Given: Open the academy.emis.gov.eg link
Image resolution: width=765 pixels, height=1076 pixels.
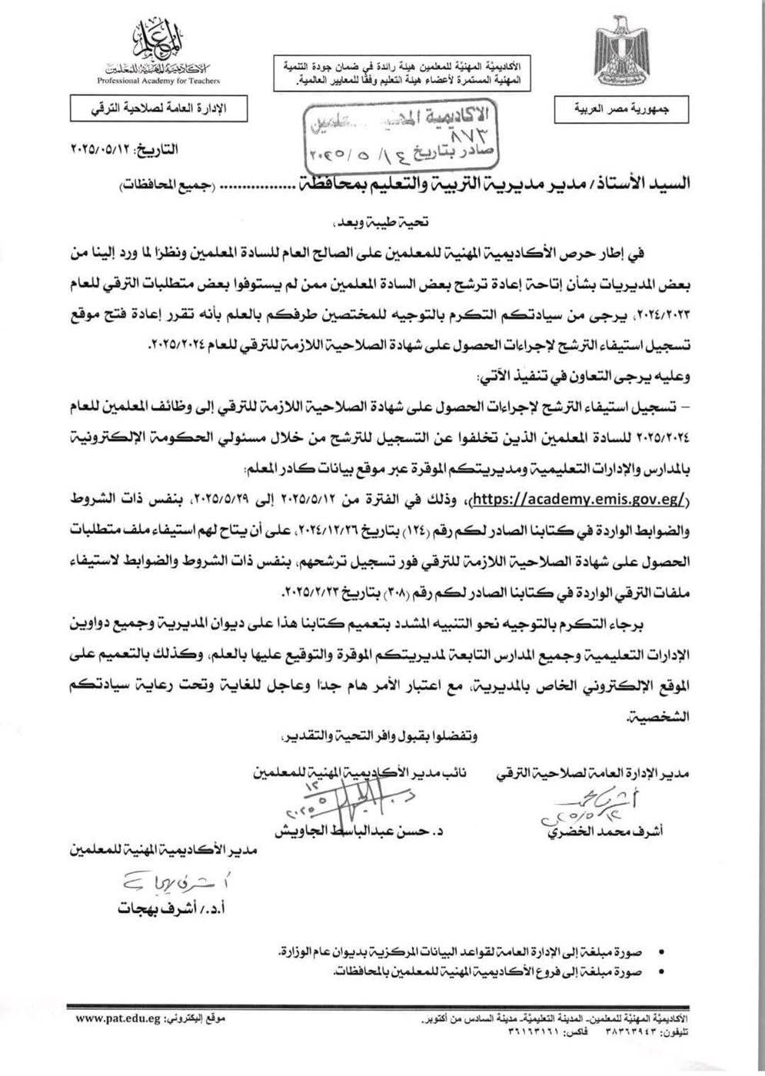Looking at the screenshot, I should [x=575, y=498].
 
